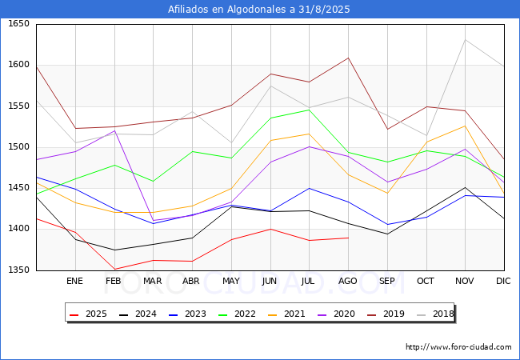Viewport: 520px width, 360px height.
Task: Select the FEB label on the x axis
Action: click(x=114, y=282)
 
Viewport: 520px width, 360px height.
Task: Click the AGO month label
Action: click(x=348, y=282)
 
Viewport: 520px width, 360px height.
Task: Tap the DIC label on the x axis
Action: click(x=503, y=282)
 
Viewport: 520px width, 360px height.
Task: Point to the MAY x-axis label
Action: click(x=230, y=282)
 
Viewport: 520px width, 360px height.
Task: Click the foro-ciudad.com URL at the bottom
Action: click(x=458, y=347)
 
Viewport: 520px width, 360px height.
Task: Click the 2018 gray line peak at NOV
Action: click(x=465, y=40)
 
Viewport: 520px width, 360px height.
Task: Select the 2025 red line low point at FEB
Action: click(x=114, y=270)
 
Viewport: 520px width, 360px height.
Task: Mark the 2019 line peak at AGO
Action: click(x=348, y=58)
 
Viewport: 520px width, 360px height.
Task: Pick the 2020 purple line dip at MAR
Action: click(x=153, y=220)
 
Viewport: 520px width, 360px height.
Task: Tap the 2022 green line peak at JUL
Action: click(x=309, y=110)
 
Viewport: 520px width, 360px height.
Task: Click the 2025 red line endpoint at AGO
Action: click(x=348, y=238)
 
